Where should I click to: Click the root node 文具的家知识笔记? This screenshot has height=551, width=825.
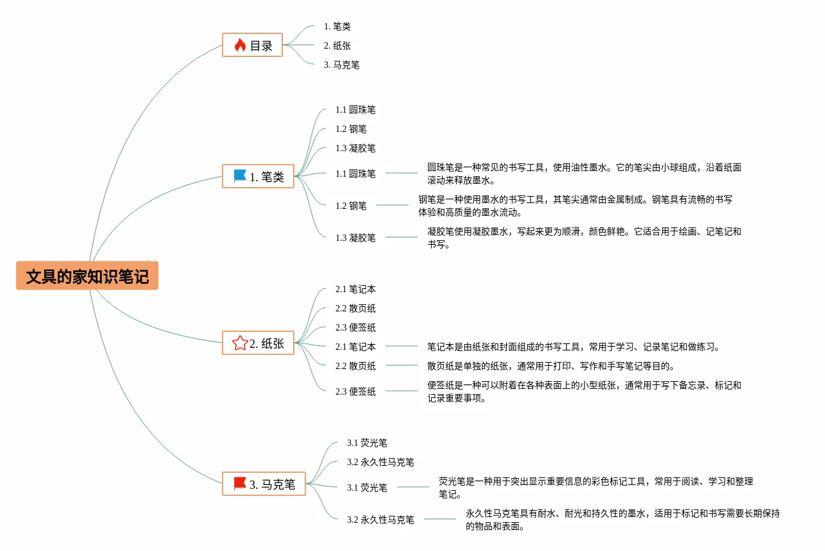point(87,276)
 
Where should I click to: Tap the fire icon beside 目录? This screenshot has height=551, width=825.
point(240,45)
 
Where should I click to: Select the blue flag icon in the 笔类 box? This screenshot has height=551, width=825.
point(240,176)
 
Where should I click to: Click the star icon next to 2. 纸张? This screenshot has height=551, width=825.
point(240,343)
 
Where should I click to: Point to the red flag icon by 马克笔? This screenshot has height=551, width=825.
point(240,483)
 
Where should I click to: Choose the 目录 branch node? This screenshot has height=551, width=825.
point(253,45)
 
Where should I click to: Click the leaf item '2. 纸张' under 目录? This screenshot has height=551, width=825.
point(337,45)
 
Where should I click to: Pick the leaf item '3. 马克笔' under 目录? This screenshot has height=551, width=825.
point(342,65)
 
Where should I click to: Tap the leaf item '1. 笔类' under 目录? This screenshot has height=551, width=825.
point(337,26)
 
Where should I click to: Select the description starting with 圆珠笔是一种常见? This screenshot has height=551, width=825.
point(584,174)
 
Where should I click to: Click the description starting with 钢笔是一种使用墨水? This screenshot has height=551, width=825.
point(575,206)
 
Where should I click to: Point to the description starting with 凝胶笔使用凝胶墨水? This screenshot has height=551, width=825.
point(584,238)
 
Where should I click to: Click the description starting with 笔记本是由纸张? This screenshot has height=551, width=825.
point(574,347)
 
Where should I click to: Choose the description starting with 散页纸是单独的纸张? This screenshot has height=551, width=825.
point(551,366)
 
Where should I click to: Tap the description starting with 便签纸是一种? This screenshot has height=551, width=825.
point(584,391)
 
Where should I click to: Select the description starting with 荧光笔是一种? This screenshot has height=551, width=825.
point(596,488)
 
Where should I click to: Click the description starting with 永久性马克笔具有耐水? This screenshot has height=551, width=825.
point(623,520)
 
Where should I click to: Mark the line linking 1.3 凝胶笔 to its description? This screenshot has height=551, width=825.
point(402,237)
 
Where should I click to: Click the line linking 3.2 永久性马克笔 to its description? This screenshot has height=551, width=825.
point(440,519)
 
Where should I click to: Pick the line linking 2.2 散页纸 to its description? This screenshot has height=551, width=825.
point(402,365)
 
